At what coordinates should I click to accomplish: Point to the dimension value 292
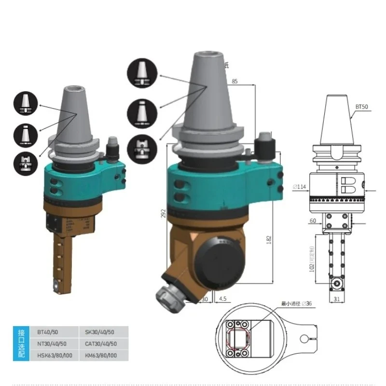coord(163,213)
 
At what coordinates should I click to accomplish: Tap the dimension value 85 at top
coord(234,81)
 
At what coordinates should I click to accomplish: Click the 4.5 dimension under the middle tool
coord(222,299)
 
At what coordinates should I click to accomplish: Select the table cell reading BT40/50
coord(46,332)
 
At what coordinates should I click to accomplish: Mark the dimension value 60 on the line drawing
coord(313,221)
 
